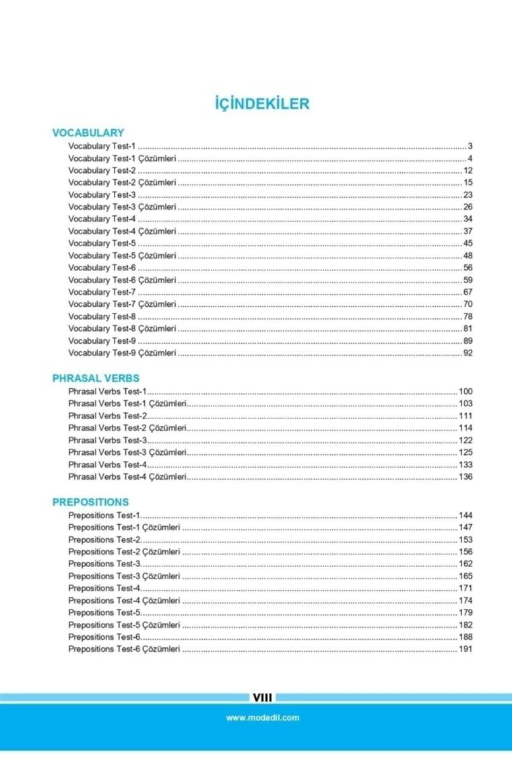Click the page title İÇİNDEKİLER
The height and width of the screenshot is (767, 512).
(261, 104)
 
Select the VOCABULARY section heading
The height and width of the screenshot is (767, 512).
(88, 133)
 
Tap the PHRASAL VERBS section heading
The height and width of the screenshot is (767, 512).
(96, 378)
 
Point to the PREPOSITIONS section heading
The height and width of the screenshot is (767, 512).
(90, 502)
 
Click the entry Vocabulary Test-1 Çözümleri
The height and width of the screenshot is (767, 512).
(122, 158)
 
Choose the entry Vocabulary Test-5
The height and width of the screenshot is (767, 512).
(102, 243)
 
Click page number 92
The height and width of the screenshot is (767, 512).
(468, 353)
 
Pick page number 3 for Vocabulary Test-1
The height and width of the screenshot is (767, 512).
(470, 146)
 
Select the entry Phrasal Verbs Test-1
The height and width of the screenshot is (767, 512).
(107, 392)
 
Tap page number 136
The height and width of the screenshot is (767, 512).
(466, 476)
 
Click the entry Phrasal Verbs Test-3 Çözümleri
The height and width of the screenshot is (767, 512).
(127, 452)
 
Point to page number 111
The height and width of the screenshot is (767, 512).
(466, 416)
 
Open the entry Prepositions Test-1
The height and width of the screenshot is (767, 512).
(104, 515)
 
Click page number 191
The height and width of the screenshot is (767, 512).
(466, 649)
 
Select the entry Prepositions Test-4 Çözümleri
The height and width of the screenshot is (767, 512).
(124, 600)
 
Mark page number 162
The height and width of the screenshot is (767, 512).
(466, 564)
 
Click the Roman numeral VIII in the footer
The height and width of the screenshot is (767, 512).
(262, 698)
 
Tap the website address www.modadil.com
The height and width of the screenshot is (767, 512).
(262, 717)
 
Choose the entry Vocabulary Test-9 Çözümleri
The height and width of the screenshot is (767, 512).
(122, 353)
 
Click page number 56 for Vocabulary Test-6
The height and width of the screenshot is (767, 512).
(468, 267)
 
